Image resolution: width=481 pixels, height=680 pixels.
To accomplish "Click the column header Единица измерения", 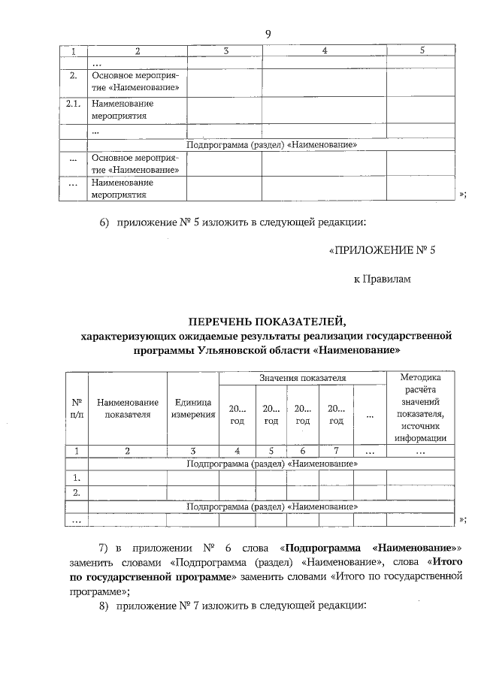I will coord(192,409).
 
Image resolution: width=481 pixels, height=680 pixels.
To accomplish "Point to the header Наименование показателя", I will coord(128,409).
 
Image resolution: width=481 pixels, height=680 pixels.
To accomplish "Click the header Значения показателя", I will coord(303,378).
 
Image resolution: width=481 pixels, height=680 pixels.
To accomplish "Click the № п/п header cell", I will coord(76,409).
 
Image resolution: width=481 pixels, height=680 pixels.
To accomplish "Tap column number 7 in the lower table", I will coord(336,451).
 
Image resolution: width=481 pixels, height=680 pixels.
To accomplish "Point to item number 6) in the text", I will coord(105,222).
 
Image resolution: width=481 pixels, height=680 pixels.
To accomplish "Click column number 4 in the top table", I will coord(324,50).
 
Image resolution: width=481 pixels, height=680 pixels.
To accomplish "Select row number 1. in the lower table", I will coord(76,478).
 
